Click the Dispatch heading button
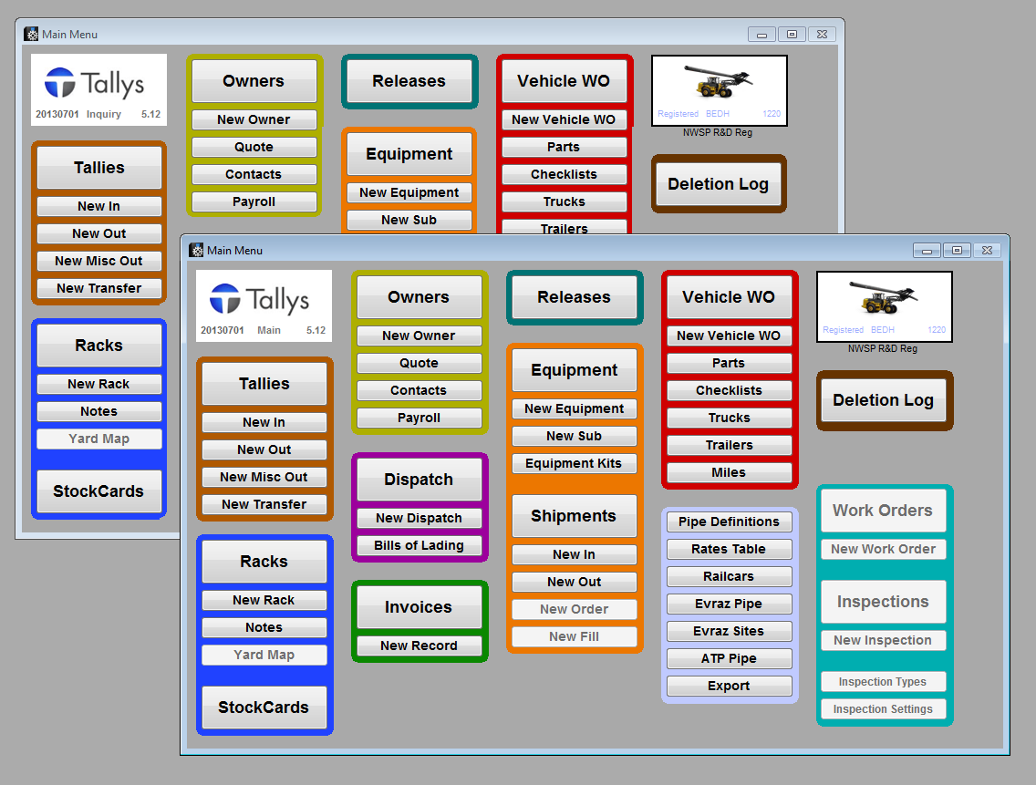(x=419, y=480)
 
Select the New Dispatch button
(x=419, y=518)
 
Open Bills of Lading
(x=419, y=545)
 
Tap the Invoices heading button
(x=419, y=607)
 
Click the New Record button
(x=419, y=646)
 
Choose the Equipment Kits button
(x=574, y=463)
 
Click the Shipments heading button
(x=574, y=516)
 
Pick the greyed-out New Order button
(x=574, y=609)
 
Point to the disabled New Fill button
(x=574, y=636)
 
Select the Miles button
(x=729, y=472)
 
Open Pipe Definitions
(x=729, y=522)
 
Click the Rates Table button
(x=729, y=549)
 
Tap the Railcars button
(x=729, y=576)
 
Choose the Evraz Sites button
(x=729, y=631)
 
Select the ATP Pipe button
(x=729, y=658)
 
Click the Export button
(x=729, y=686)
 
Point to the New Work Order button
(x=883, y=549)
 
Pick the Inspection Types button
(x=883, y=682)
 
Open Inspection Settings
(x=883, y=709)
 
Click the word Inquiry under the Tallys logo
(x=104, y=115)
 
